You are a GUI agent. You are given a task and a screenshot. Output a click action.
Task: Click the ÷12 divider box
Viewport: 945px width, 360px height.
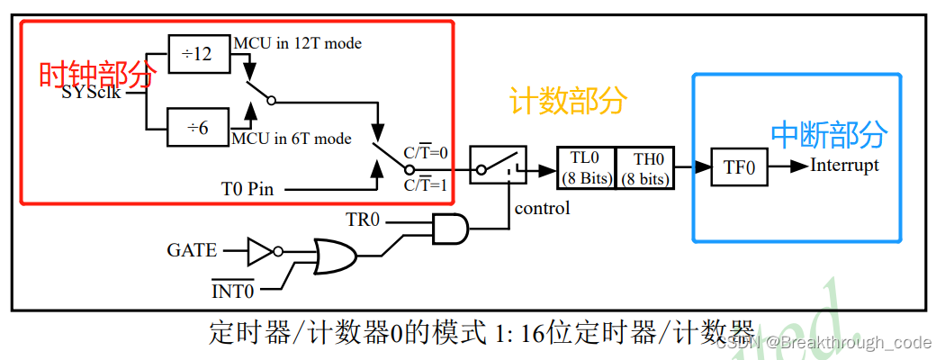199,55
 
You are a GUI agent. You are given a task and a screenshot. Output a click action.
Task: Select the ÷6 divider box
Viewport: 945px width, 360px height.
198,128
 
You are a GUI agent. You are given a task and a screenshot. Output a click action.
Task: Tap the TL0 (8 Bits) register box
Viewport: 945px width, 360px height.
586,167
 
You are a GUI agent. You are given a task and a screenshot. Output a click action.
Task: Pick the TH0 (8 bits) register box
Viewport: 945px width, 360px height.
643,167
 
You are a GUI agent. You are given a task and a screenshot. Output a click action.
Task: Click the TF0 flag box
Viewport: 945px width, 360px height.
739,167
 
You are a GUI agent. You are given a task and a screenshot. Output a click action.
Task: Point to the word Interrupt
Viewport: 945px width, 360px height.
844,165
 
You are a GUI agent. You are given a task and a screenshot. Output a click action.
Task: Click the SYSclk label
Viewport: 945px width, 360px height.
93,92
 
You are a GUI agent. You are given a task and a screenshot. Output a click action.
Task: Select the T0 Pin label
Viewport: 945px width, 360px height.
247,190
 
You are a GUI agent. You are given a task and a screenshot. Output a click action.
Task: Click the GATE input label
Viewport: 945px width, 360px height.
192,250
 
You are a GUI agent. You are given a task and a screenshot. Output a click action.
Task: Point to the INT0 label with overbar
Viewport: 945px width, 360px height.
233,291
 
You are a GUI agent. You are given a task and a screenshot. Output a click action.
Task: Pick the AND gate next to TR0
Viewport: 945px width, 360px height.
450,229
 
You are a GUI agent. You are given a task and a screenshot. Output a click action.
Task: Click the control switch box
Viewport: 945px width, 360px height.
497,167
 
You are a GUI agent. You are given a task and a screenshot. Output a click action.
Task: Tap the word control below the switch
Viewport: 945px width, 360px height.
542,209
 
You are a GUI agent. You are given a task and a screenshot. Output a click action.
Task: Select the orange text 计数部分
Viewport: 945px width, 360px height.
567,101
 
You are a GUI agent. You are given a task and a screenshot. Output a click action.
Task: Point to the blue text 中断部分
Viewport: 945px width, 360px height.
829,134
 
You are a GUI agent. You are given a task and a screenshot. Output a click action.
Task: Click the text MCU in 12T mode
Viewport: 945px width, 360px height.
298,42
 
